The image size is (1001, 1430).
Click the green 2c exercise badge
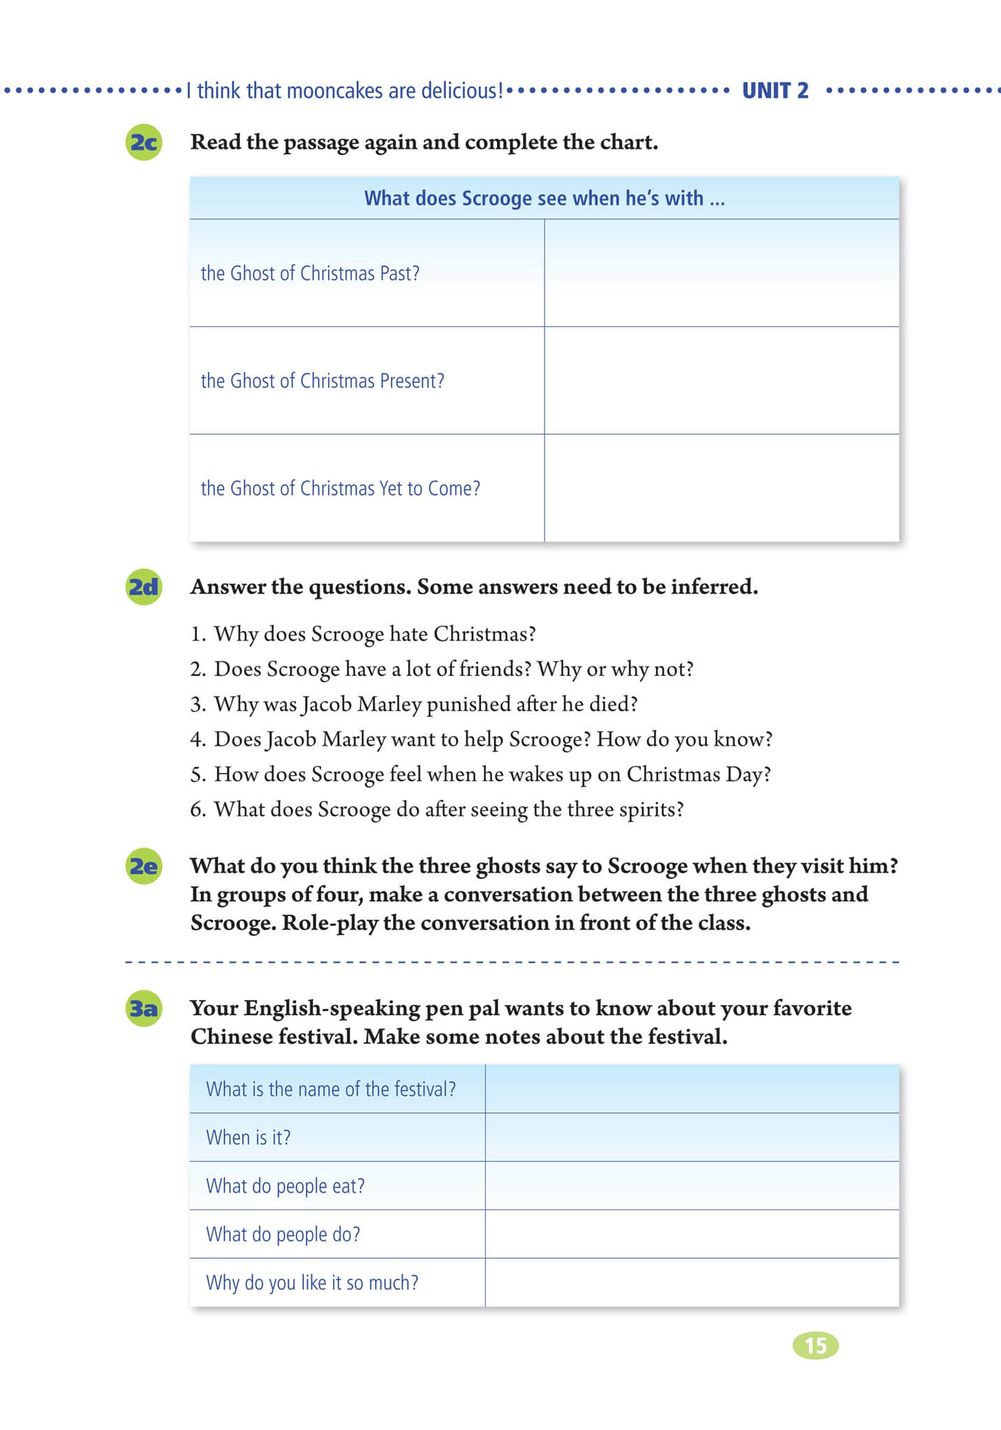pos(144,142)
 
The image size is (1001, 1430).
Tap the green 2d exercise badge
pos(144,587)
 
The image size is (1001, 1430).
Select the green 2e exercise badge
pos(144,867)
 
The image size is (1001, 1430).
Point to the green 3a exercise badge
pos(144,1008)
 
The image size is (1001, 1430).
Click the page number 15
pos(815,1346)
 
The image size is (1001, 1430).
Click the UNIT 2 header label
pos(775,91)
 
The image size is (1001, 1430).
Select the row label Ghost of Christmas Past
pos(310,273)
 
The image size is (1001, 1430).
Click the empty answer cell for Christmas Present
pos(721,381)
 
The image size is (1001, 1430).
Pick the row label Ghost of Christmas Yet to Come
pos(341,488)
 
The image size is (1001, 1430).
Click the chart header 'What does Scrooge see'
pos(544,198)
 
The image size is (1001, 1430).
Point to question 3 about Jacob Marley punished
pos(414,704)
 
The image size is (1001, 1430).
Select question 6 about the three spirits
pos(437,809)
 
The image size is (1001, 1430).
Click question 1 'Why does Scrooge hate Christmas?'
pos(363,634)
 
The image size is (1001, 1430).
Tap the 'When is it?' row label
pos(248,1137)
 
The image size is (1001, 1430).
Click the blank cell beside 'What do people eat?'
pos(692,1186)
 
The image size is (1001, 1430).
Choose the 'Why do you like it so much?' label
pos(312,1283)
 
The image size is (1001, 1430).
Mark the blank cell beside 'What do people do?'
pos(692,1234)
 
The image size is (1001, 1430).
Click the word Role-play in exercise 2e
pos(329,923)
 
